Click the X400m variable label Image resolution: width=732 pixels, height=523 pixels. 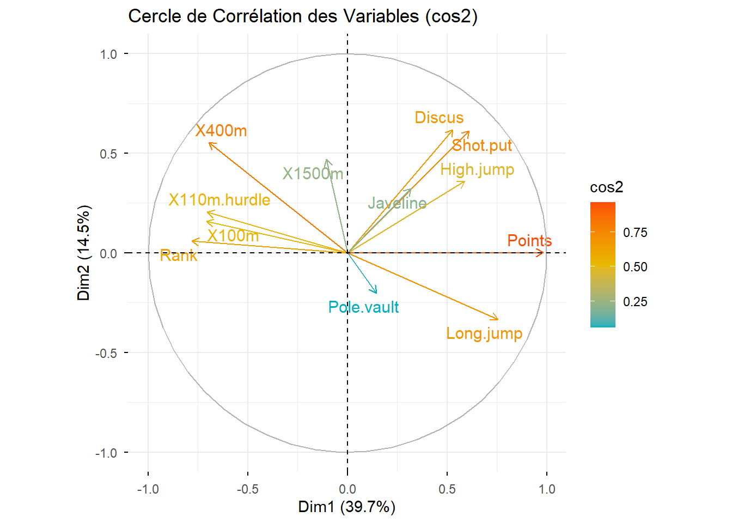coord(221,131)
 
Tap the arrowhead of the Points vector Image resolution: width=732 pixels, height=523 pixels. coord(542,253)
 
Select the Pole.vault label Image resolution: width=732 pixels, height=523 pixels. coord(363,307)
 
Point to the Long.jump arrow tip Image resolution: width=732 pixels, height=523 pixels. coord(497,319)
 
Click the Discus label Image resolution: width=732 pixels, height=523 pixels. coord(439,118)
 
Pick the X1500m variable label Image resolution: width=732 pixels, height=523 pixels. coord(313,174)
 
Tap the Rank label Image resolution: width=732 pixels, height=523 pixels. coord(179,256)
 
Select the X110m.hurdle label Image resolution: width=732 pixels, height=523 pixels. coord(219,200)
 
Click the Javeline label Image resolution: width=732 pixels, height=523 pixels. coord(397,203)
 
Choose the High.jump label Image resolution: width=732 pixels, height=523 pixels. coord(477,169)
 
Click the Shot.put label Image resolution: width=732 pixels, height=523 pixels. coord(482,145)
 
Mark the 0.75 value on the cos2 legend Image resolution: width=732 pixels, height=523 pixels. coord(635,233)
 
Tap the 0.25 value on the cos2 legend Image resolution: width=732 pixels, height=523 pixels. coord(635,302)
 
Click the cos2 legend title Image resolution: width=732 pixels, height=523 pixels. coord(606,187)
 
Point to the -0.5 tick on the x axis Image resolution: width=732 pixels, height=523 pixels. coord(248,489)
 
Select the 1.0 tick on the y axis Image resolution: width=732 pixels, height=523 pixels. coord(108,54)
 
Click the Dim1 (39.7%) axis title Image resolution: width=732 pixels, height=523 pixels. coord(347,507)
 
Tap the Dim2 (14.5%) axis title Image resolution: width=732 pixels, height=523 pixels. coord(84,253)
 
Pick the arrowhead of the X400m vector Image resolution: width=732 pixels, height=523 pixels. coord(210,143)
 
